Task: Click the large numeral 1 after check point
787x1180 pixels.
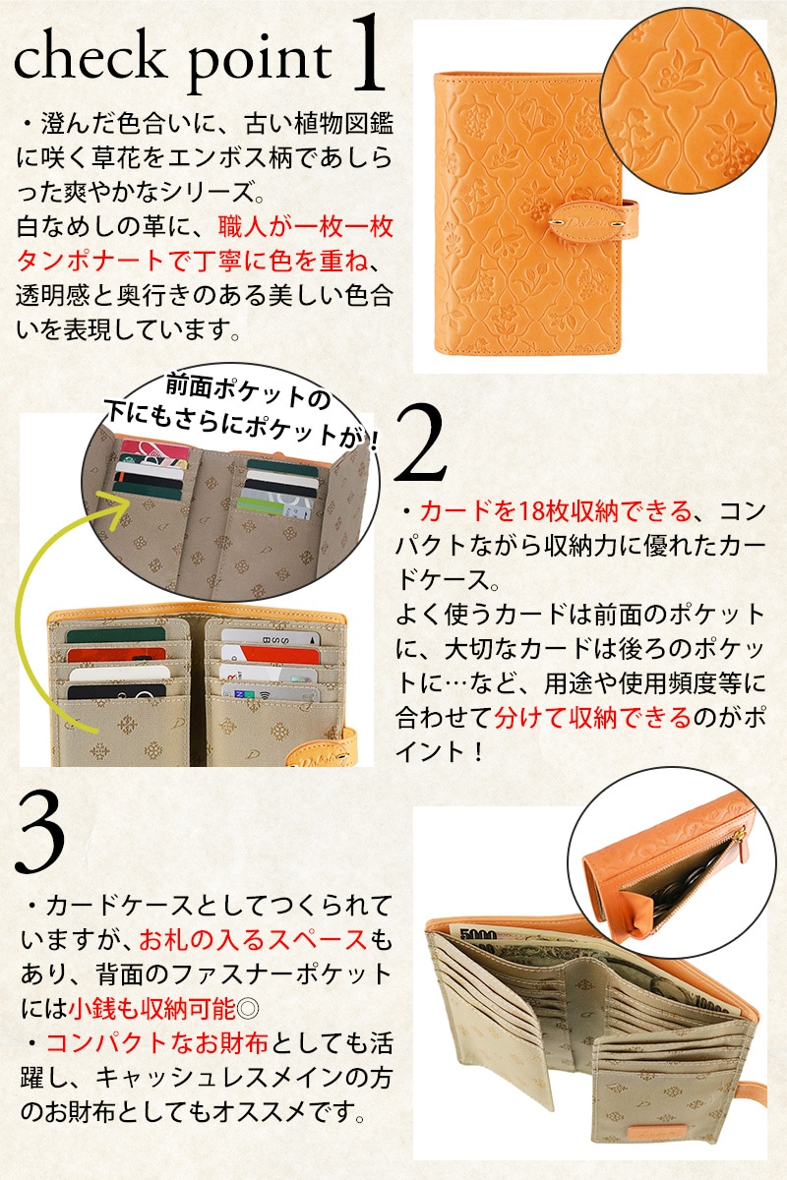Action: tap(367, 53)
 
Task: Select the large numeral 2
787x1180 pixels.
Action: tap(421, 444)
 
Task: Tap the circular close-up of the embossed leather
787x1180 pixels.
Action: tap(689, 100)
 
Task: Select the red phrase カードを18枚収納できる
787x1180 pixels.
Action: tap(555, 510)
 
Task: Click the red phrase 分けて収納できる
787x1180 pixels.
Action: tap(592, 718)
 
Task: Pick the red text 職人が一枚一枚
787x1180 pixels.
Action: tap(306, 227)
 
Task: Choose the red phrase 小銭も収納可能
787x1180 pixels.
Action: tap(151, 1008)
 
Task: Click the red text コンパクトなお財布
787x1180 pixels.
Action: tap(157, 1043)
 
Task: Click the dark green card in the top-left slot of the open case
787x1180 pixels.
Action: tap(115, 635)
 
